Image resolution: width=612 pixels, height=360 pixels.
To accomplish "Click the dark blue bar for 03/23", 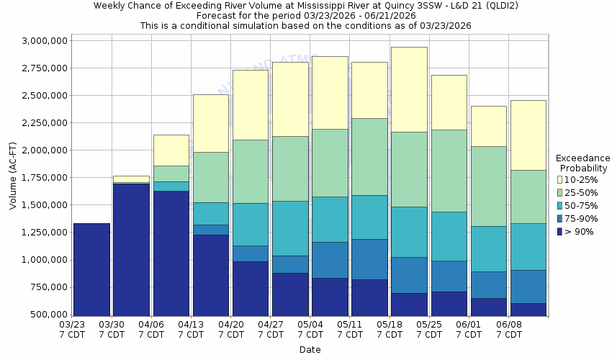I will tap(91, 269).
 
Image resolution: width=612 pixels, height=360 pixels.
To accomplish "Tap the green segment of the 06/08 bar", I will tap(528, 197).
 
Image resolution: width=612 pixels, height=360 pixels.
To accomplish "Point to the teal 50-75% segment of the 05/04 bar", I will tap(330, 219).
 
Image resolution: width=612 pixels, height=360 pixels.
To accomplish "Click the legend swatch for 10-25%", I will tap(560, 179).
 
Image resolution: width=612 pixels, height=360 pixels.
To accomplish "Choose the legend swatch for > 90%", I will tap(560, 231).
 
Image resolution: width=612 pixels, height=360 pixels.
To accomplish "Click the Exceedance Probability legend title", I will tap(583, 163).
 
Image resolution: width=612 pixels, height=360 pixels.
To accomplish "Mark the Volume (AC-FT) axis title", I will tap(12, 177).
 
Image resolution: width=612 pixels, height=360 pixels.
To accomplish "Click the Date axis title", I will tap(310, 350).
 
